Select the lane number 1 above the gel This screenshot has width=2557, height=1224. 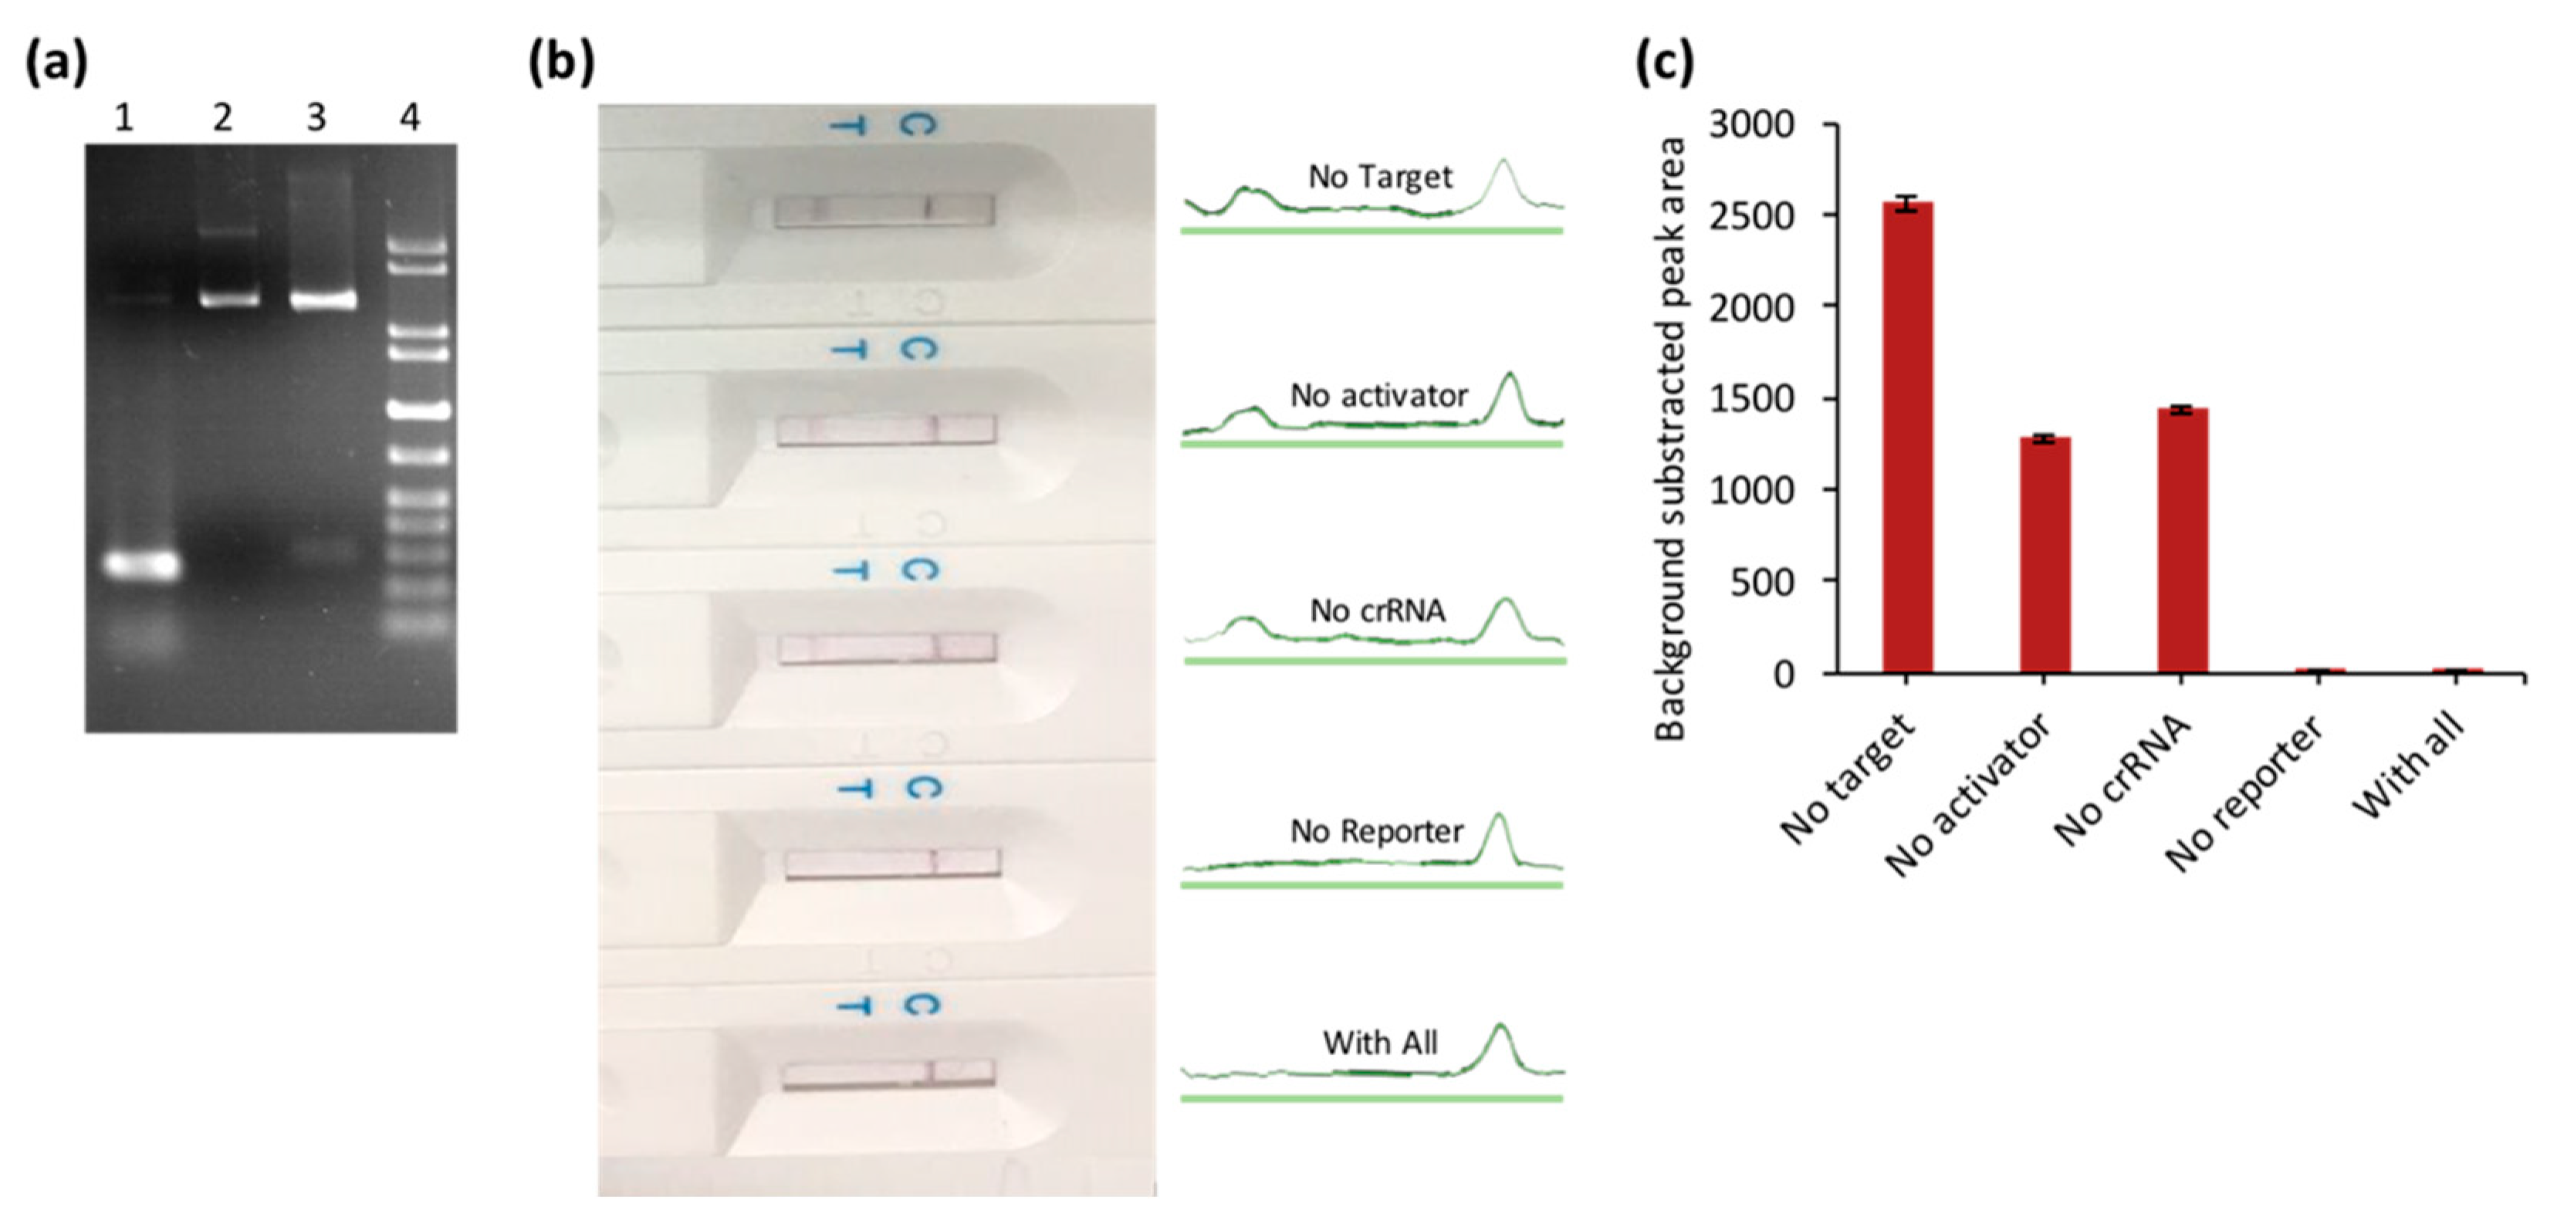(123, 118)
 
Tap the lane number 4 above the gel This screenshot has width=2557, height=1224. (410, 118)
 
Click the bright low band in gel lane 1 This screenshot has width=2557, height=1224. (143, 565)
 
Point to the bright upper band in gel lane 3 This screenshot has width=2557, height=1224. (323, 299)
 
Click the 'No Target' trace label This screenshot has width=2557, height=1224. (1380, 177)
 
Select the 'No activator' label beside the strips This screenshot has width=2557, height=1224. (1378, 396)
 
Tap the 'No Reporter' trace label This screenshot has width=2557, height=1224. (1376, 831)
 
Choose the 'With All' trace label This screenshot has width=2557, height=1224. (1380, 1043)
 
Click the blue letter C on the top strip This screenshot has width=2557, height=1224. (918, 126)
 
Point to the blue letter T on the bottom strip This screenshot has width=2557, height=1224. (854, 1006)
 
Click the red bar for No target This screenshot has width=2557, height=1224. (1907, 437)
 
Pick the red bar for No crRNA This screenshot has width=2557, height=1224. (2182, 540)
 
